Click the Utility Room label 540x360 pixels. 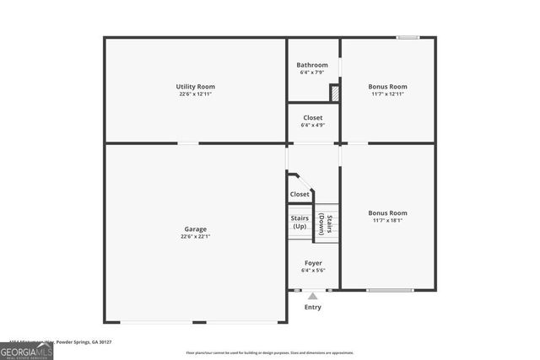coord(196,87)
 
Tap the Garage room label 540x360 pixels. coord(196,229)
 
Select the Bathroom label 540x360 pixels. coord(312,65)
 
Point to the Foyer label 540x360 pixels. coord(313,263)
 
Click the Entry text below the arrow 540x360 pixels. coord(313,307)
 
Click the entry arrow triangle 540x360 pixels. coord(313,295)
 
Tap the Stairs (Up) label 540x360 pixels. coord(300,222)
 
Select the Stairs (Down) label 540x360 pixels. coord(326,223)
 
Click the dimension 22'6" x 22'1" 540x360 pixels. coord(196,237)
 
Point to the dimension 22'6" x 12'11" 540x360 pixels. coord(196,94)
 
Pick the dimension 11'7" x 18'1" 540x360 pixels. coord(388,220)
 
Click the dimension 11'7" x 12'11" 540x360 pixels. coord(388,94)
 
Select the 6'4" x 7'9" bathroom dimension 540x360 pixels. coord(312,73)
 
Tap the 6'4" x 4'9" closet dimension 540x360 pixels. coord(313,126)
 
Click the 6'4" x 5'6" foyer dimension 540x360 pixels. coord(313,271)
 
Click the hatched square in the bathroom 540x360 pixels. coord(334,93)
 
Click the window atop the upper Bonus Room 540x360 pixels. coord(408,37)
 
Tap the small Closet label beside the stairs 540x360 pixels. coord(300,194)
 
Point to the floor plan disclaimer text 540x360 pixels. coord(270,353)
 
